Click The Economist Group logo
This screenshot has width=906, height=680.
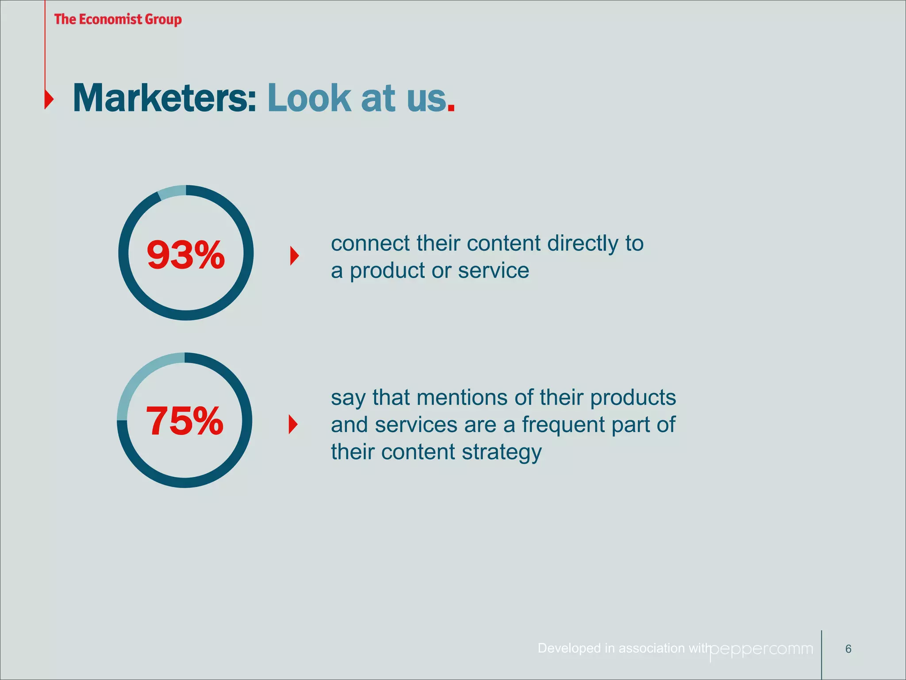click(x=118, y=19)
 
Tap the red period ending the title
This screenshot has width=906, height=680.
click(x=451, y=108)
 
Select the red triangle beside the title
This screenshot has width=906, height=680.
click(x=49, y=99)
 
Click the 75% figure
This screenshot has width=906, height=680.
click(x=184, y=421)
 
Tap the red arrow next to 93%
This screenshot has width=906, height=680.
click(x=294, y=256)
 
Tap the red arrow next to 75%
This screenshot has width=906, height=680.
click(x=293, y=425)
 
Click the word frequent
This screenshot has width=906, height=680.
click(x=563, y=425)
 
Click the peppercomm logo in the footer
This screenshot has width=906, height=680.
click(x=761, y=649)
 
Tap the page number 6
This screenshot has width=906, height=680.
click(x=848, y=649)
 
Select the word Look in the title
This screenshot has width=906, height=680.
click(x=309, y=98)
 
